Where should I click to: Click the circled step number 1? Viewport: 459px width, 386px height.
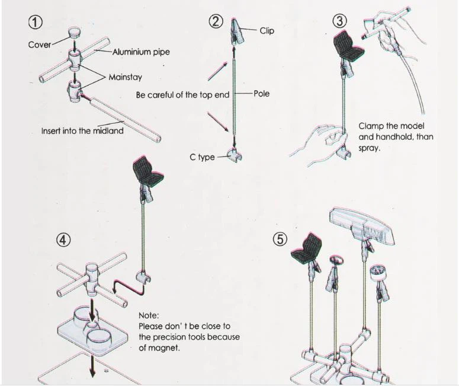[x=37, y=23]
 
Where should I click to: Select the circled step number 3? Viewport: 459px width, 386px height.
[x=339, y=21]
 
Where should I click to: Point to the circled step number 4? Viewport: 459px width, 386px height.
[x=63, y=240]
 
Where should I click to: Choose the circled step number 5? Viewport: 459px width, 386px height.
[x=280, y=240]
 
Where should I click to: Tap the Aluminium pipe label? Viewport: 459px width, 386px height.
[x=141, y=52]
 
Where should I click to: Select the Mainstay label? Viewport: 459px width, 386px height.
[x=125, y=77]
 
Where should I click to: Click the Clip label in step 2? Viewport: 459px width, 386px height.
[x=267, y=30]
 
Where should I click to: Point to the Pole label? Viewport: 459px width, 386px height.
[x=261, y=94]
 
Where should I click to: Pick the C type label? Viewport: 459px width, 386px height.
[x=202, y=158]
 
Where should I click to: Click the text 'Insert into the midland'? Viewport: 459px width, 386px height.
[x=82, y=131]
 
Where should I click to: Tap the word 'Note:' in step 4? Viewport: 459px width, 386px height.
[x=149, y=315]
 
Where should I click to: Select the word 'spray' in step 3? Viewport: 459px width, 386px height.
[x=369, y=148]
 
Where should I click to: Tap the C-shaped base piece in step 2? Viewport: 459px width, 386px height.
[x=235, y=156]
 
